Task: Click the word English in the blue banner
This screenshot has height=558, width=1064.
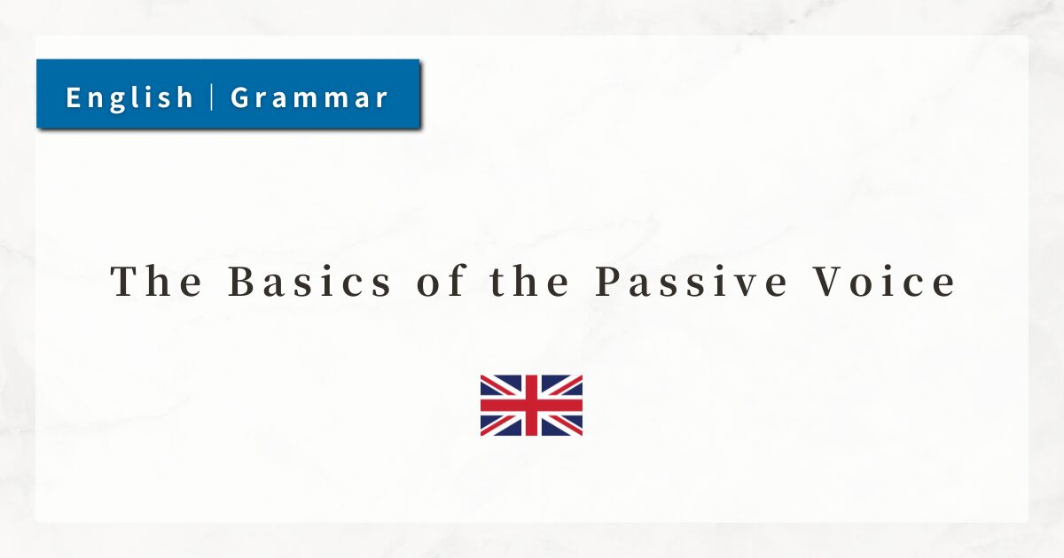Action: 129,97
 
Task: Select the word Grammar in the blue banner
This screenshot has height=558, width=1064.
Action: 309,97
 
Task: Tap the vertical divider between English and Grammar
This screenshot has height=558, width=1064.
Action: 211,97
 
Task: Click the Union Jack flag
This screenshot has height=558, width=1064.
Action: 531,406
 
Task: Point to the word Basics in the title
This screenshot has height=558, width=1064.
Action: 310,282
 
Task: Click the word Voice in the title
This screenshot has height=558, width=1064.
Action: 884,282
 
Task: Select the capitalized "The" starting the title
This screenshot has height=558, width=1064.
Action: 156,281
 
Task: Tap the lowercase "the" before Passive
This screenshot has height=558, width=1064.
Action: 529,281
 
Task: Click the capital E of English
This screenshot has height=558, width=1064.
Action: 74,97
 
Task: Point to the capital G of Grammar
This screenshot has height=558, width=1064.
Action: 240,97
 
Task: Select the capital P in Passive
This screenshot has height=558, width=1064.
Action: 608,282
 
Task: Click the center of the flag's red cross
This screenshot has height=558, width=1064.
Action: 531,406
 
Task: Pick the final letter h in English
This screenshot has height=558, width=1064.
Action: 184,97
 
